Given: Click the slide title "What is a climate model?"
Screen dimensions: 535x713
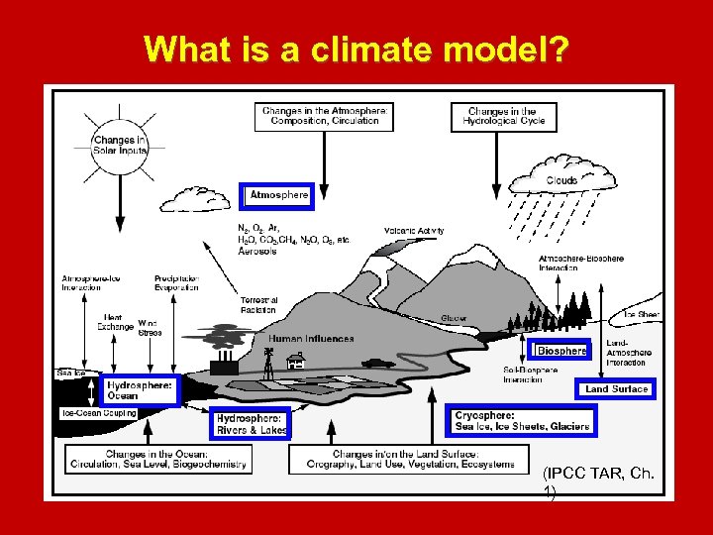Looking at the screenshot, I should pyautogui.click(x=356, y=50).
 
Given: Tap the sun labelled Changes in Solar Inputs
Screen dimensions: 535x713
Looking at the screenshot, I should pyautogui.click(x=120, y=146).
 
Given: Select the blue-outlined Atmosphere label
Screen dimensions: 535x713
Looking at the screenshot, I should pyautogui.click(x=278, y=196).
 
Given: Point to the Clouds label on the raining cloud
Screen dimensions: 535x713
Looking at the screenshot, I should pyautogui.click(x=561, y=180).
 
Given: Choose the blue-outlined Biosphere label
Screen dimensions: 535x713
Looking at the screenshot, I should pyautogui.click(x=561, y=350).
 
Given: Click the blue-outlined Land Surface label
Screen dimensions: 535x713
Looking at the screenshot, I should pyautogui.click(x=616, y=389).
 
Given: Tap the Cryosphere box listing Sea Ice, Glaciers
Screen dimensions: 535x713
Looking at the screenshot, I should pyautogui.click(x=522, y=421).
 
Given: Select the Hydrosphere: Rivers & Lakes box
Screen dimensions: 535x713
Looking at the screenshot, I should pyautogui.click(x=252, y=424).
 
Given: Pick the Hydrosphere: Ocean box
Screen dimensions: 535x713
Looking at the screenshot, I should pyautogui.click(x=140, y=390).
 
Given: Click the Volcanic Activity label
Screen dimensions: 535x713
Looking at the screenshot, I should pyautogui.click(x=414, y=231).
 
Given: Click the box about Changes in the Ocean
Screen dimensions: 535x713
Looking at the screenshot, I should pyautogui.click(x=158, y=459).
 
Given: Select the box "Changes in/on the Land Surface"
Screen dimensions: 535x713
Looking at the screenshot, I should pyautogui.click(x=403, y=459).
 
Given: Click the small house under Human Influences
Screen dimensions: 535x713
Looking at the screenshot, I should pyautogui.click(x=294, y=363).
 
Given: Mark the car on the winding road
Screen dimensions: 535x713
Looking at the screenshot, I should pyautogui.click(x=377, y=363).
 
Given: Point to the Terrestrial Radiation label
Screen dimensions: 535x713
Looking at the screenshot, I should pyautogui.click(x=258, y=304).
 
